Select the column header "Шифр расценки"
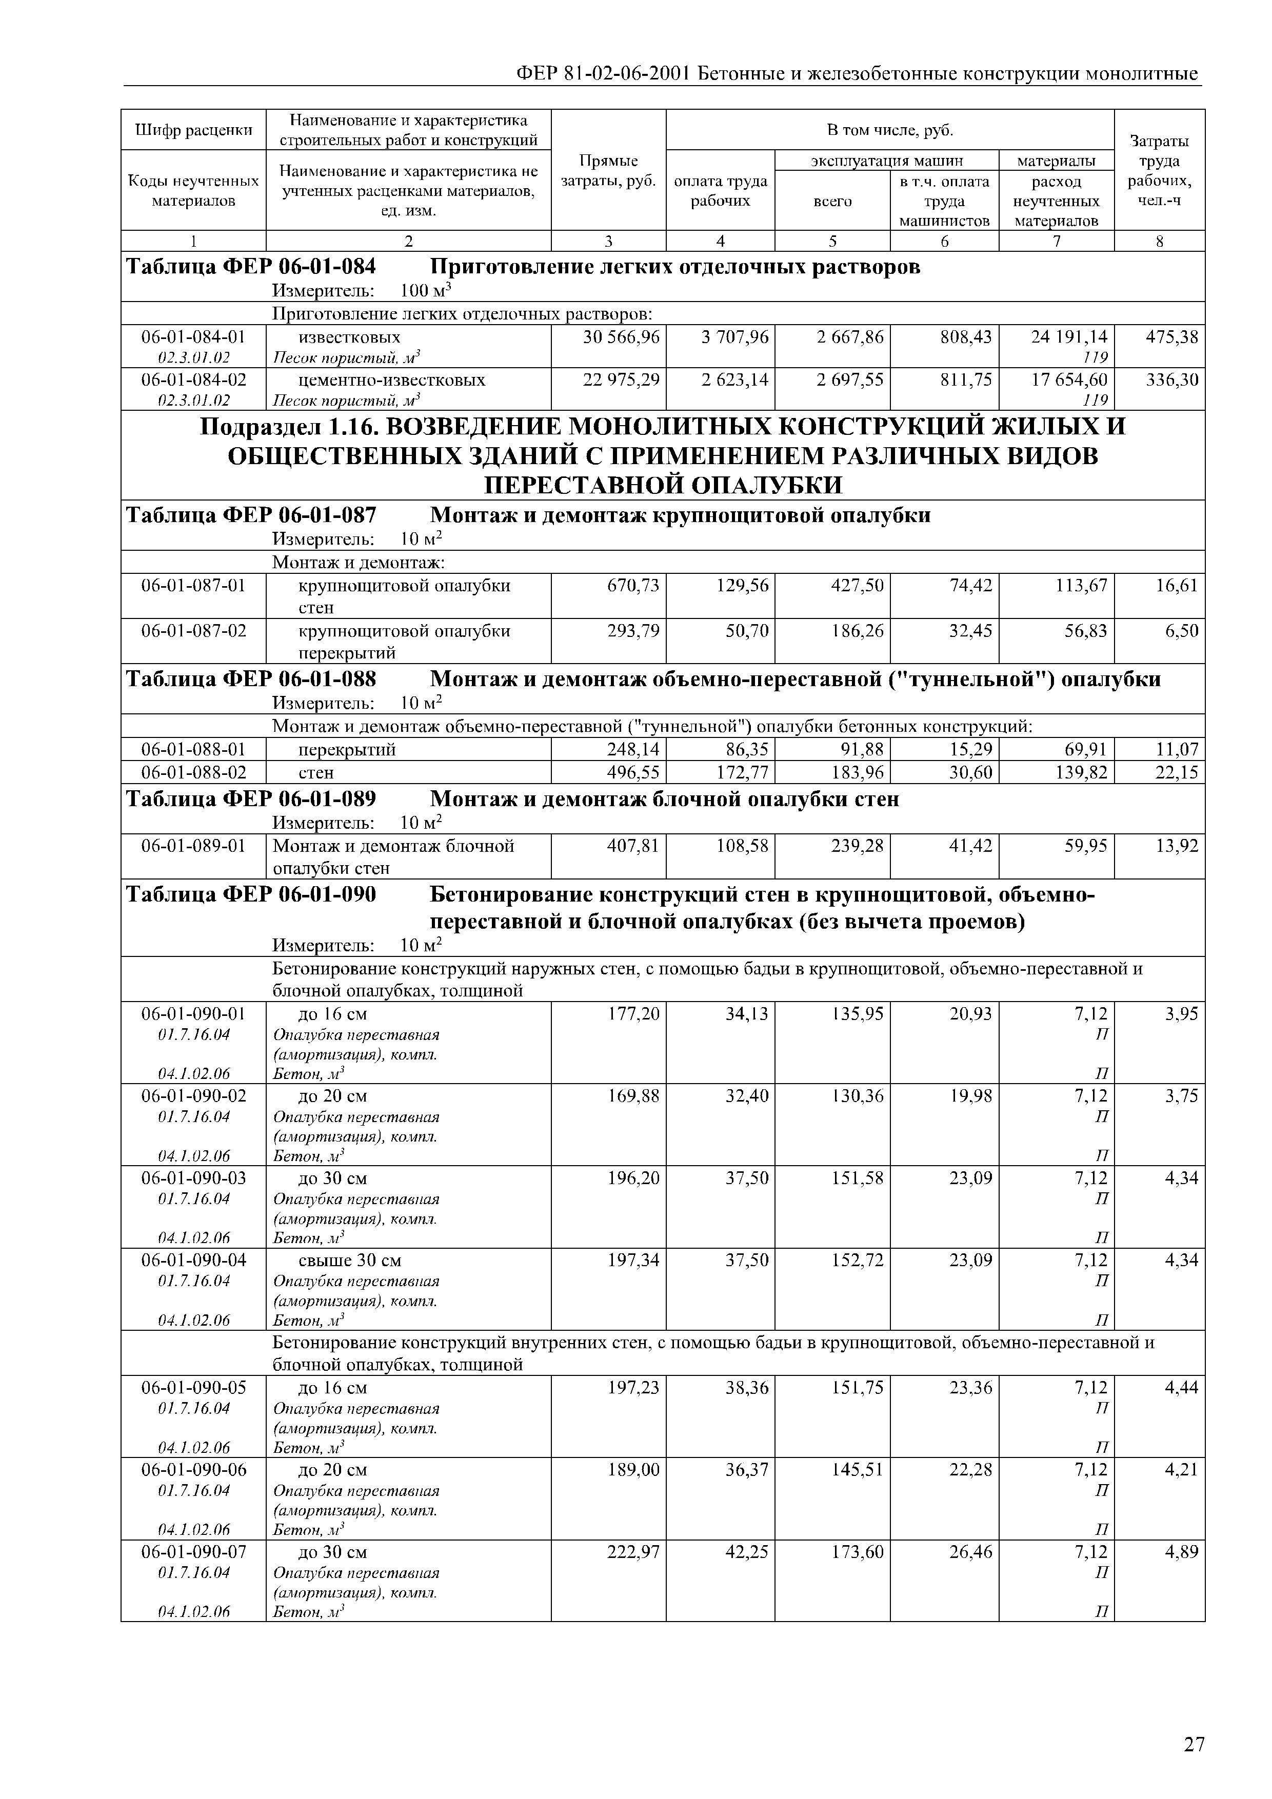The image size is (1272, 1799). point(193,130)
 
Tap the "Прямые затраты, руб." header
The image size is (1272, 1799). point(608,171)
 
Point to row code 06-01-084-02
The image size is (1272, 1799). point(193,380)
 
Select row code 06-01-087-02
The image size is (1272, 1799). point(193,631)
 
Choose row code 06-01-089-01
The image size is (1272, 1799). point(193,846)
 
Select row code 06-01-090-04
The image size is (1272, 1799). point(193,1260)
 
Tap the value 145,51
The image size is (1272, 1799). point(857,1470)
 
